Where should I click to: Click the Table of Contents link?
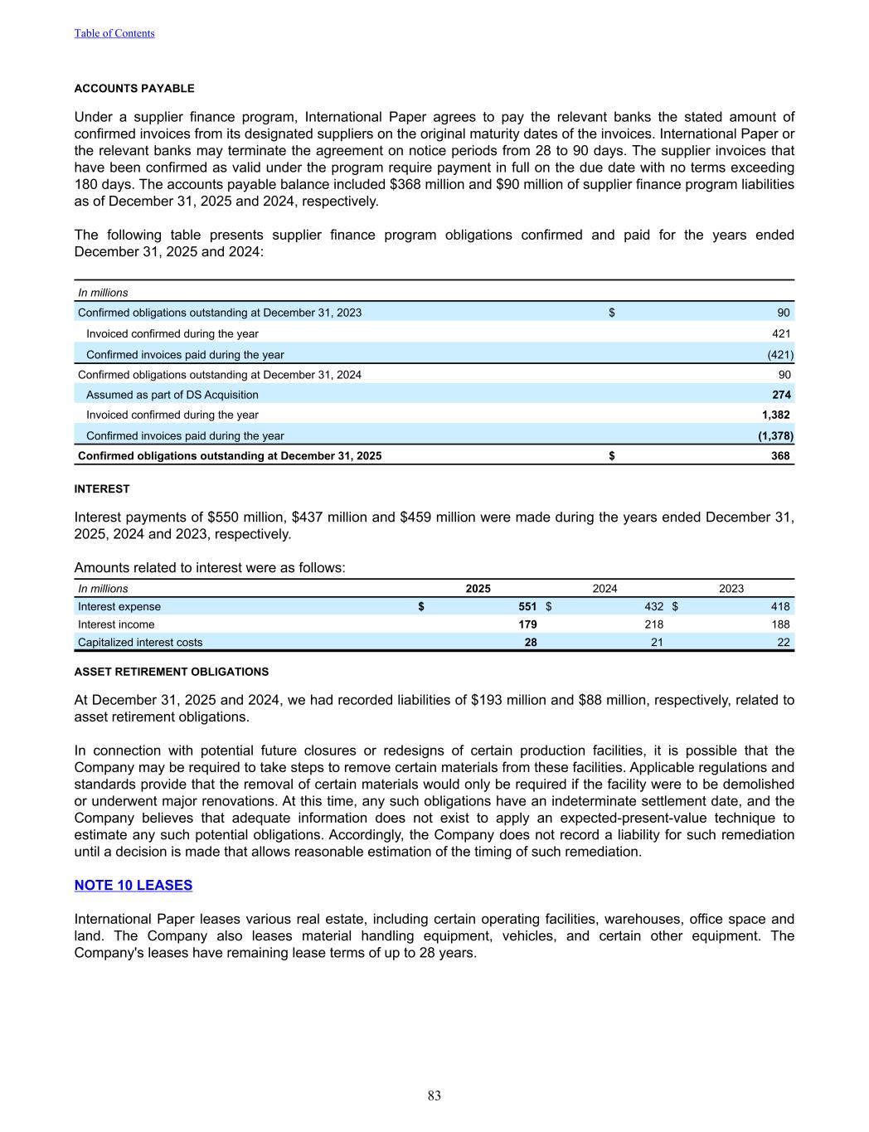tap(114, 33)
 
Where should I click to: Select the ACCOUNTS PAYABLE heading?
tap(134, 89)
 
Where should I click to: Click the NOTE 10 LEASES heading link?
tap(134, 885)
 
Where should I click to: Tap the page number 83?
tap(434, 1096)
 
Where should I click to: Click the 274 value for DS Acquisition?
tap(781, 395)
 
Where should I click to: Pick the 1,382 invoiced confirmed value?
tap(775, 415)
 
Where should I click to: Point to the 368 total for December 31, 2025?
tap(779, 455)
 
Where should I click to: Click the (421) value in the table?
tap(779, 354)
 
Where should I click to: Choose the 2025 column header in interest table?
tap(478, 589)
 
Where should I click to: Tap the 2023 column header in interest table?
tap(731, 589)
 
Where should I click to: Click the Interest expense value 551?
tap(527, 606)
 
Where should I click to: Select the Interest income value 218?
tap(653, 624)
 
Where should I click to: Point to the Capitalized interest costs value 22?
tap(783, 642)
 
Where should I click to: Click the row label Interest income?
tap(116, 624)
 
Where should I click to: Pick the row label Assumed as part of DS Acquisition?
tap(172, 395)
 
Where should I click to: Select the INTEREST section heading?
tap(102, 489)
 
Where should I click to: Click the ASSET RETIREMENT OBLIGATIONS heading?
tap(172, 672)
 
